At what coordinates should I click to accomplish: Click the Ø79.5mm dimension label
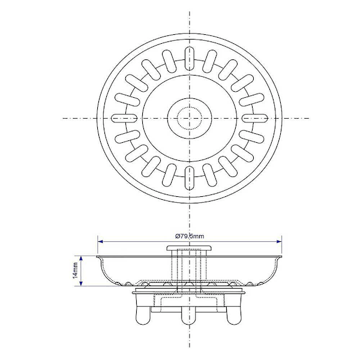190,236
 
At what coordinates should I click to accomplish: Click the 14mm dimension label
76,271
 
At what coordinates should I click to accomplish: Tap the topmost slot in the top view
190,59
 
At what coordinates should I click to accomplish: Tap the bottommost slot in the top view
190,178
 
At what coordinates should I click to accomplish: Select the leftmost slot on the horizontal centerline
124,118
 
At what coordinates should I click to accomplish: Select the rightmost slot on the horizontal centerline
255,118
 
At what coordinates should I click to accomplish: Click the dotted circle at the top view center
190,118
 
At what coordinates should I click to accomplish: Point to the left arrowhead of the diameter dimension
100,242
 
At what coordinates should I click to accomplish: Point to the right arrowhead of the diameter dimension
279,242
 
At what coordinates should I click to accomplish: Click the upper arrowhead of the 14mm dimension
81,258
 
